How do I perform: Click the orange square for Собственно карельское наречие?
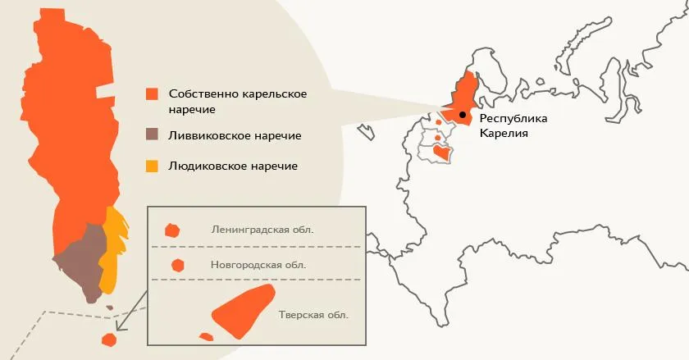152,93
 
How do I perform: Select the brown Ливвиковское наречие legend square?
152,134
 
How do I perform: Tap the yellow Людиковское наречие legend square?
152,166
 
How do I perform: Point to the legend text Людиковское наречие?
232,166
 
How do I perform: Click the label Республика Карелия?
513,125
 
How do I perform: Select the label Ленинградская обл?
262,230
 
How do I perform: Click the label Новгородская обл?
258,265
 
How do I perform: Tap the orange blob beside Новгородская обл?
176,265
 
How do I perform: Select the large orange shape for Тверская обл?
243,312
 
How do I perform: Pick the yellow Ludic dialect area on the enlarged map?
112,250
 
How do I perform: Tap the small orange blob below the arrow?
107,339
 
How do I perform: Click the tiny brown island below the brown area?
110,308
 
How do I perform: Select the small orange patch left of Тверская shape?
206,336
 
